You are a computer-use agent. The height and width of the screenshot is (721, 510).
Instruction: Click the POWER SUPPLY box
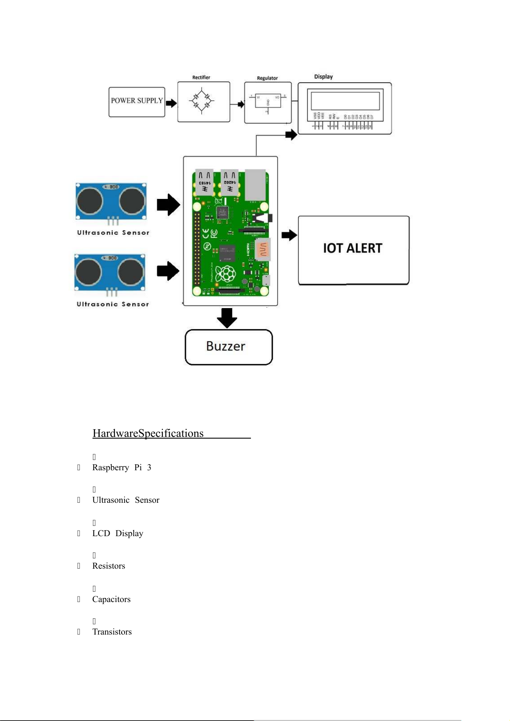coord(137,101)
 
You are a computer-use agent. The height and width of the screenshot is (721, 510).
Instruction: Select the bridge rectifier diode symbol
coord(202,101)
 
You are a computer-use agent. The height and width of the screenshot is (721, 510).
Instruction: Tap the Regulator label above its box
coord(267,78)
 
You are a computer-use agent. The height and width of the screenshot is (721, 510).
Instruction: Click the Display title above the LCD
coord(323,77)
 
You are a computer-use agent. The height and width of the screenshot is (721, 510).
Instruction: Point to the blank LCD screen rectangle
coord(345,101)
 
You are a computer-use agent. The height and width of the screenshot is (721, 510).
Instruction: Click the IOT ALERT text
coord(352,248)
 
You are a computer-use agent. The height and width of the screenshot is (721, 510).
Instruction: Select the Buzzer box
coord(228,347)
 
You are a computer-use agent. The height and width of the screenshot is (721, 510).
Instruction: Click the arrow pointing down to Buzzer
coord(227,317)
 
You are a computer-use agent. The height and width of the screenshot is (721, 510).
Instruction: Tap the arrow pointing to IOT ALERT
coord(289,235)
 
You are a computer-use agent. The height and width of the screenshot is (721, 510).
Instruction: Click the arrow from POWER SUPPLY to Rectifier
coord(171,103)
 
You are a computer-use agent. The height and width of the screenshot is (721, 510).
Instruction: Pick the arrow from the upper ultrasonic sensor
coord(168,205)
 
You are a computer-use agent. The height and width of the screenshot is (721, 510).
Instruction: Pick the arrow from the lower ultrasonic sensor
coord(168,271)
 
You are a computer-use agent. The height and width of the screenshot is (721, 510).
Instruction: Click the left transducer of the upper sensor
coord(89,201)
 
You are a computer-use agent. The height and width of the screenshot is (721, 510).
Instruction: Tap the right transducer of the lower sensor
coord(131,272)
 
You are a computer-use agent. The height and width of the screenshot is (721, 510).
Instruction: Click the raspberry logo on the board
coord(225,273)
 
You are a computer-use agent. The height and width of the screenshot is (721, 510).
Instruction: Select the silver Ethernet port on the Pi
coord(256,185)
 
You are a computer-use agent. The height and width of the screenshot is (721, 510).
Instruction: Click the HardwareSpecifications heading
coord(148,433)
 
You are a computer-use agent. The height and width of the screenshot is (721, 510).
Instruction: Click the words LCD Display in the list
coord(118,534)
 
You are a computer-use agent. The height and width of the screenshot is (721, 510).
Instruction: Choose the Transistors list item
coord(112,632)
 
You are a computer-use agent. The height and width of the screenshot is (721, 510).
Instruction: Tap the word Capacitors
coord(111,599)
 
